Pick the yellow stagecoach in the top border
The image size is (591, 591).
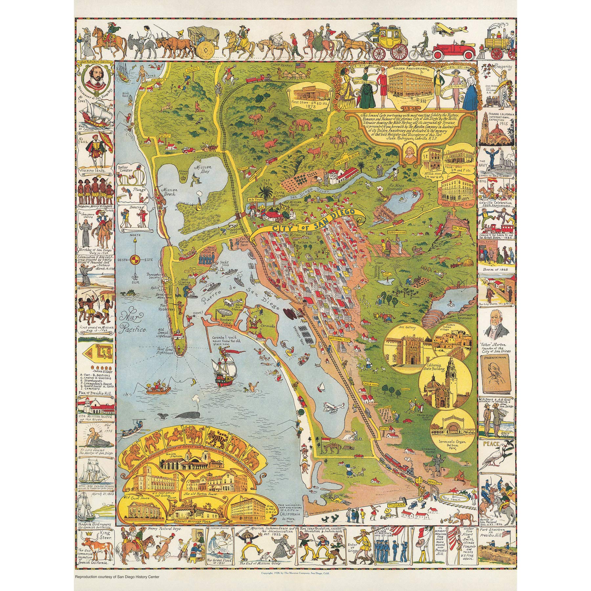click(x=394, y=39)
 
